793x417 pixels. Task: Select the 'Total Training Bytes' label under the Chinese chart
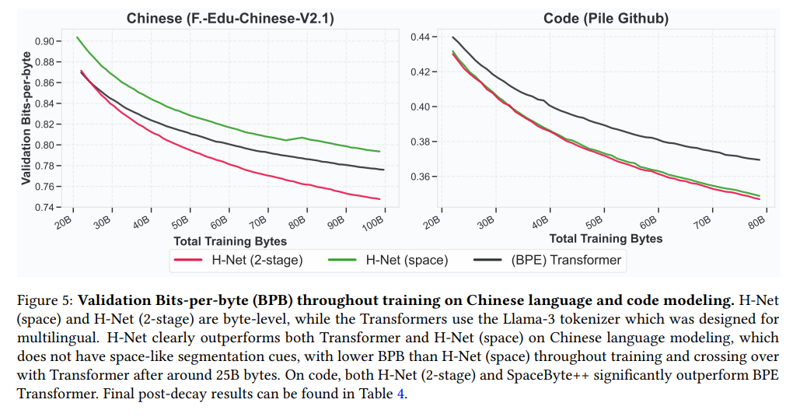pyautogui.click(x=230, y=240)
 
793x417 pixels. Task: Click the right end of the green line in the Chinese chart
pyautogui.click(x=379, y=152)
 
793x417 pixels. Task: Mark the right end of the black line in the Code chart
pyautogui.click(x=759, y=160)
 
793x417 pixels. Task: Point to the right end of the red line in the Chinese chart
pyautogui.click(x=379, y=199)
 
